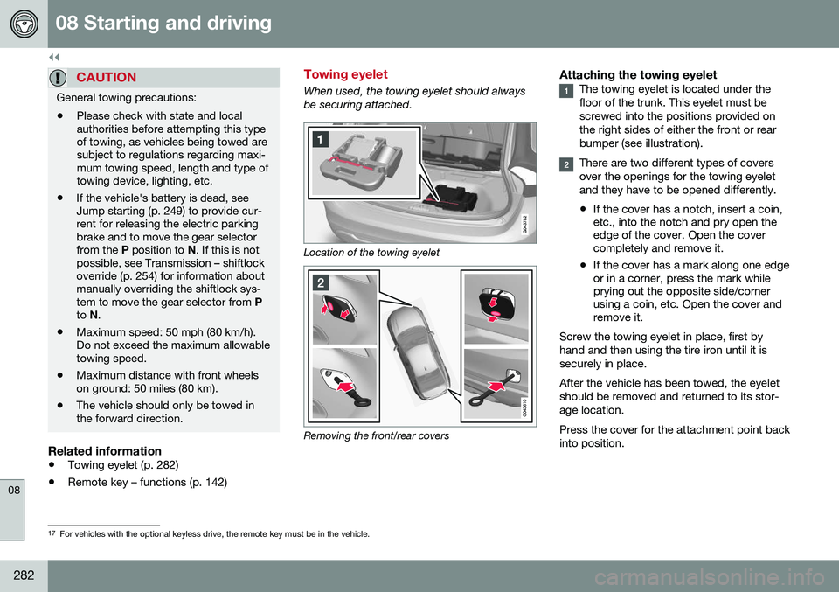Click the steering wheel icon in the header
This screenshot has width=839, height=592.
tap(24, 24)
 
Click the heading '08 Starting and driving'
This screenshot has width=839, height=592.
tap(163, 24)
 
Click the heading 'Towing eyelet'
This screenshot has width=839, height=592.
tap(344, 75)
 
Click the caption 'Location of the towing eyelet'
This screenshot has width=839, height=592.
tap(370, 252)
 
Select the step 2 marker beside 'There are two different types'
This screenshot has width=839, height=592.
tap(567, 164)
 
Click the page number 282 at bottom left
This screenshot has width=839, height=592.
tap(24, 575)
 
